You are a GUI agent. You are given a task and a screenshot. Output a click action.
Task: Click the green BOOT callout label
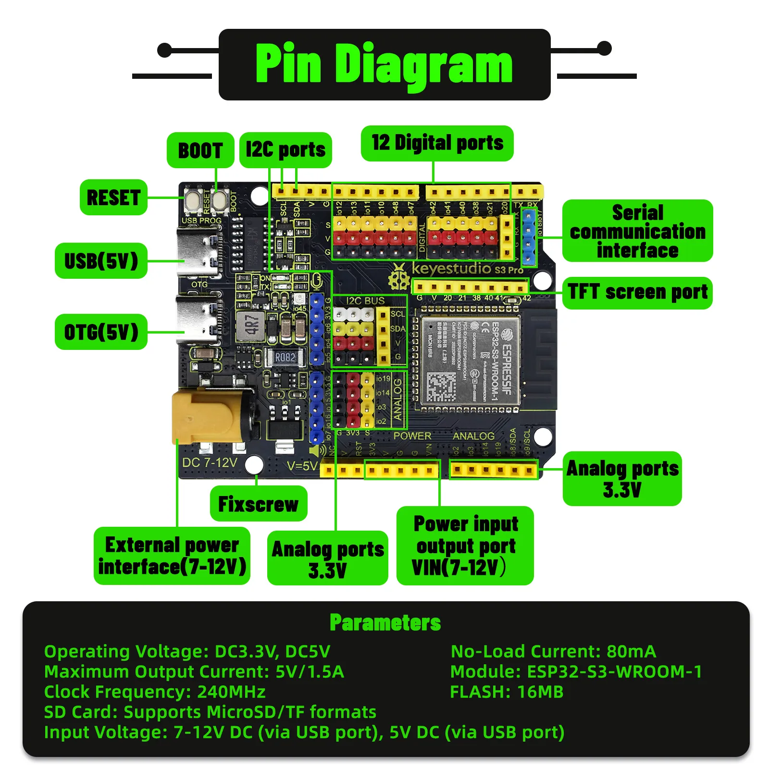(x=200, y=150)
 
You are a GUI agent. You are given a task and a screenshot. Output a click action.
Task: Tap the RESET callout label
(x=113, y=197)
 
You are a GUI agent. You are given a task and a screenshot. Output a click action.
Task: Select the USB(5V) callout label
(x=101, y=261)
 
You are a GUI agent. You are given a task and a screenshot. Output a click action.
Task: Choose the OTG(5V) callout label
(x=101, y=332)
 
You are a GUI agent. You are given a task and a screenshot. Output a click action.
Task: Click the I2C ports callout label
(x=285, y=150)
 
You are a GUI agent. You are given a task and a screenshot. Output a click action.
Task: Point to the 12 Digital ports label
(x=437, y=143)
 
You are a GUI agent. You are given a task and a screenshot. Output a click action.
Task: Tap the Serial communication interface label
(x=637, y=231)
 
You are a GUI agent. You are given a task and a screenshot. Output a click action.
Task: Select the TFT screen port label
(x=637, y=292)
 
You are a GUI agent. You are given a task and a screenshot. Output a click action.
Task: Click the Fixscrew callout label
(x=259, y=504)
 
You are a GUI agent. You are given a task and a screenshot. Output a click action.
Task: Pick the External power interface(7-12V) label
(x=172, y=556)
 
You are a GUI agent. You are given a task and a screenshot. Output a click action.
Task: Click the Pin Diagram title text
(x=384, y=64)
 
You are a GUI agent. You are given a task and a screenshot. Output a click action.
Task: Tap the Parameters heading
(x=385, y=622)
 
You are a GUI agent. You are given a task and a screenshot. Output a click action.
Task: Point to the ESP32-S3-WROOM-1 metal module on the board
(x=471, y=360)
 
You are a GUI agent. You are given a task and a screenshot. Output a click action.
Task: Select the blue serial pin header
(x=529, y=237)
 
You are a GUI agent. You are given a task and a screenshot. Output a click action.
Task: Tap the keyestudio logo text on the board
(x=452, y=268)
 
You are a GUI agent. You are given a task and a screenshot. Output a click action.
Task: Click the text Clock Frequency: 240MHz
(x=155, y=692)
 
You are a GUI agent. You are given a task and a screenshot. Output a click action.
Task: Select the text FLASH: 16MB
(x=507, y=692)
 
